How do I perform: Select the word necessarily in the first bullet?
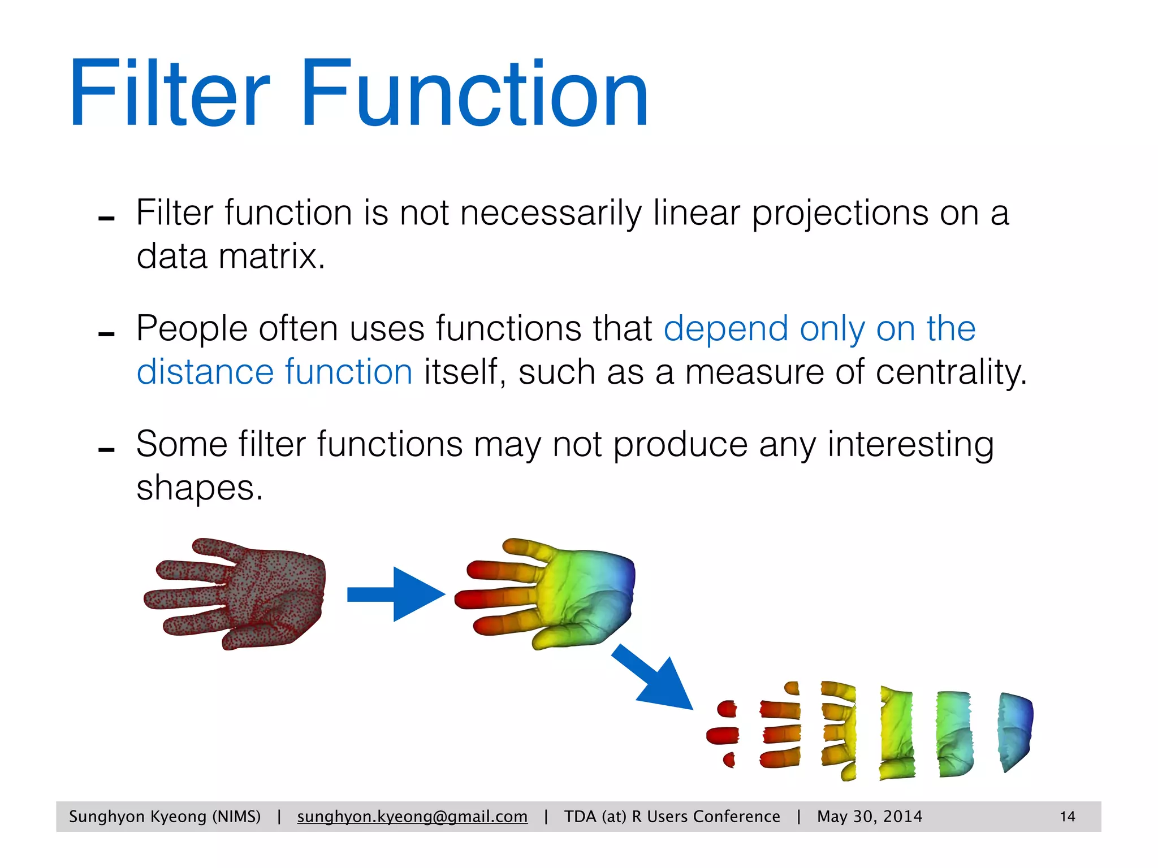tap(551, 214)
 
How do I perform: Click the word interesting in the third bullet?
tap(910, 445)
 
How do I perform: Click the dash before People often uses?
tap(106, 335)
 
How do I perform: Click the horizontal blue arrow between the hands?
tap(396, 594)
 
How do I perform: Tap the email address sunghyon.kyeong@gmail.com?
tap(412, 817)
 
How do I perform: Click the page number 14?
tap(1067, 817)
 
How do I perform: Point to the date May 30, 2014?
tap(869, 817)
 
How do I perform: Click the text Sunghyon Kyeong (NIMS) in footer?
tap(165, 817)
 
